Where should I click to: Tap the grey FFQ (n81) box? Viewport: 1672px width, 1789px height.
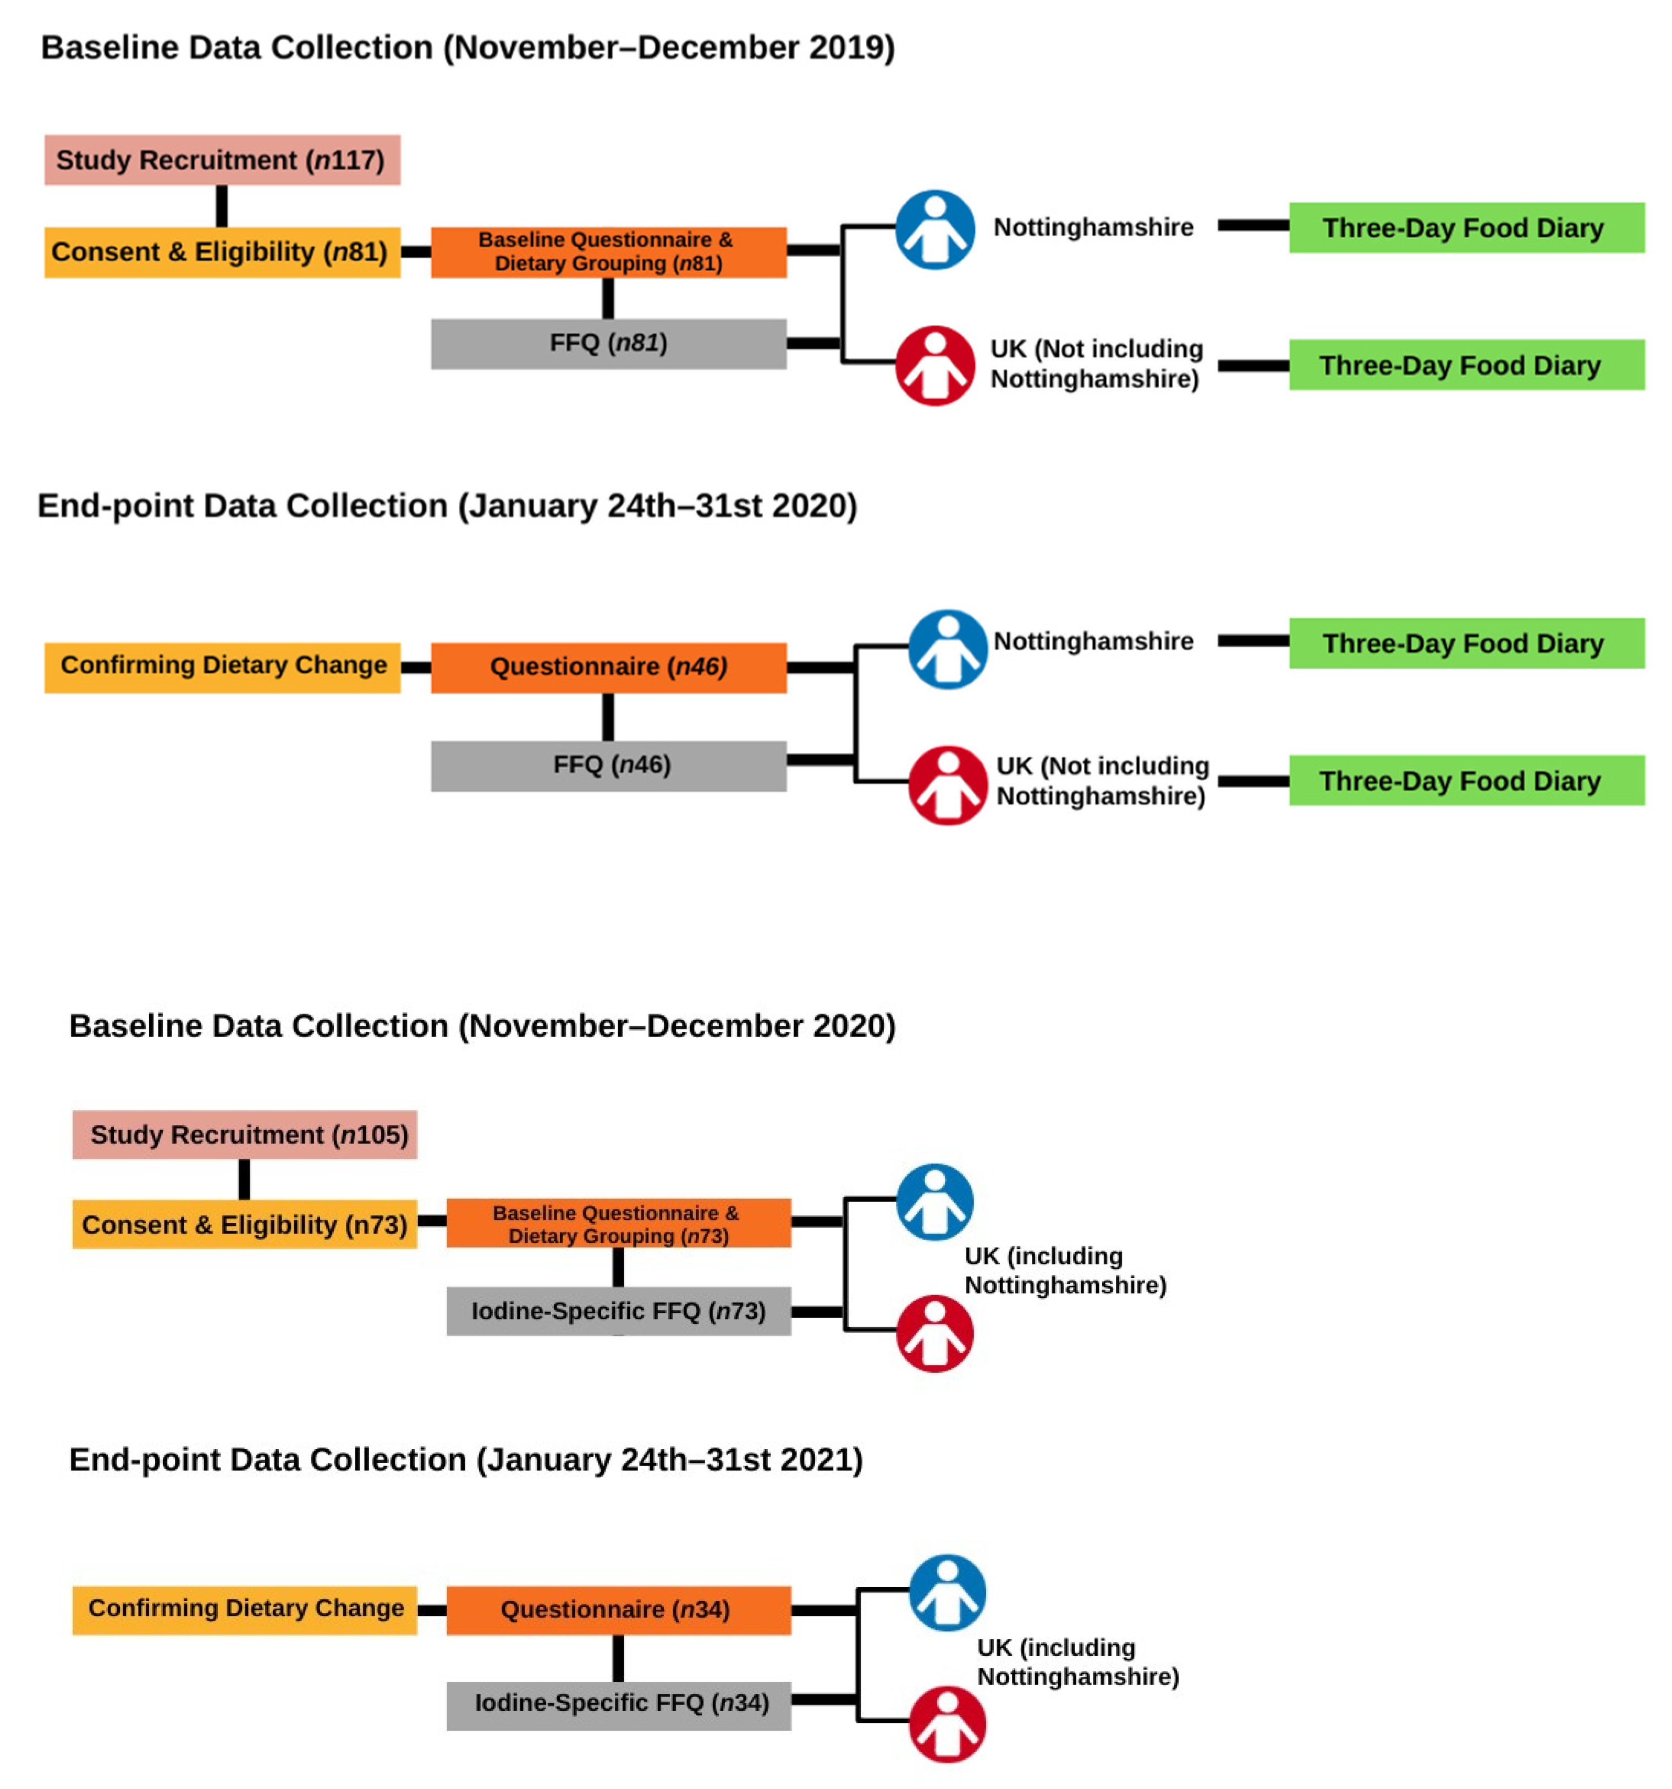pos(608,344)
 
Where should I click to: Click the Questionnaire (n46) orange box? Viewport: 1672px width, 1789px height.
pos(608,668)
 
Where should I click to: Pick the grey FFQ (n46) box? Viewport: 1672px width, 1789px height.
pos(608,766)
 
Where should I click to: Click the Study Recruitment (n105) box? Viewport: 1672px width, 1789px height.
pos(245,1135)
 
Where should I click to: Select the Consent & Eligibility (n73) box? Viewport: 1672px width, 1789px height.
pos(245,1225)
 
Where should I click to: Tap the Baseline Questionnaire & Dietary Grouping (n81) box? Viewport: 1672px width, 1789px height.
pos(608,252)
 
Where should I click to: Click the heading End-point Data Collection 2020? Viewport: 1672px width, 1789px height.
pos(447,506)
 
